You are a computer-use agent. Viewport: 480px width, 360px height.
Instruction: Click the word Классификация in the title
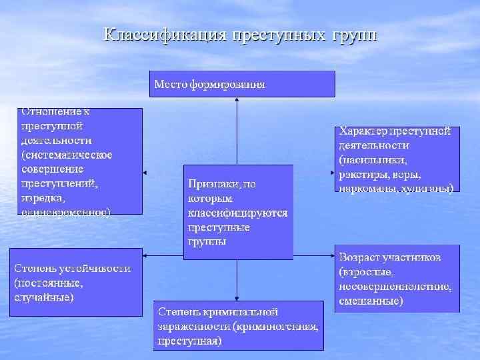(x=164, y=35)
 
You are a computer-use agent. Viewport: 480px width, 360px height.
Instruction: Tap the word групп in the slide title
(x=353, y=35)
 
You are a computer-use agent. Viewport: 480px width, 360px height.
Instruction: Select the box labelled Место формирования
(x=241, y=84)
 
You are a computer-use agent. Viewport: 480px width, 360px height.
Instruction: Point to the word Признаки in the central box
(x=212, y=183)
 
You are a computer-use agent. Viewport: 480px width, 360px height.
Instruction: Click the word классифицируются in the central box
(x=237, y=213)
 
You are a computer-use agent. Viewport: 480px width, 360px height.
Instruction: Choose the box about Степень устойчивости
(x=75, y=282)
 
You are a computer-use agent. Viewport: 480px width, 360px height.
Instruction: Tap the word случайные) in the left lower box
(x=44, y=297)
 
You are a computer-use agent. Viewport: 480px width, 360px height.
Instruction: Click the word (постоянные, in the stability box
(x=49, y=283)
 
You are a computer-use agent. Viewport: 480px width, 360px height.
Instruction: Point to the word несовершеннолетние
(x=395, y=287)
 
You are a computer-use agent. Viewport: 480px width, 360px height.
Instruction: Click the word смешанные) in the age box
(x=371, y=301)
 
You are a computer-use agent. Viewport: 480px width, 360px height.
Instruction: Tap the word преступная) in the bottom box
(x=189, y=341)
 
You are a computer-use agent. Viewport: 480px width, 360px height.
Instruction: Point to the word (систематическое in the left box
(x=67, y=155)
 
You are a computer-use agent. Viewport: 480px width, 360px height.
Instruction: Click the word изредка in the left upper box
(x=43, y=198)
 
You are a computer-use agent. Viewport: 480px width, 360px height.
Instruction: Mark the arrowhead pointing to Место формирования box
(x=237, y=100)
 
